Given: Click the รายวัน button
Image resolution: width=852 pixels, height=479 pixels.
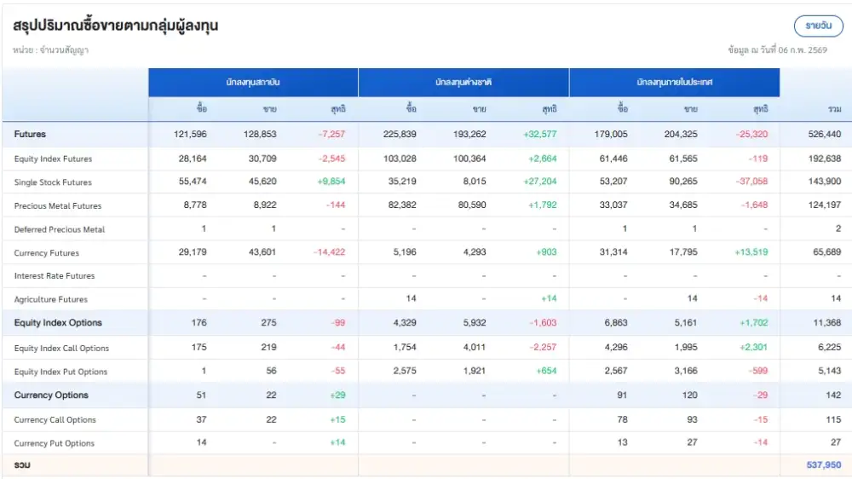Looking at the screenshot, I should click(818, 26).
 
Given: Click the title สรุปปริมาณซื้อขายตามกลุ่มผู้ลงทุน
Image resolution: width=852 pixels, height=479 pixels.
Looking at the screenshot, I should click(116, 26).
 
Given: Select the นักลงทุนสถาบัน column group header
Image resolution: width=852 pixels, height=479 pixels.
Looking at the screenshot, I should click(253, 83).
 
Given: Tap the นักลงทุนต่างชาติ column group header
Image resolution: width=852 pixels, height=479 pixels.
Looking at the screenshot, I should click(463, 83).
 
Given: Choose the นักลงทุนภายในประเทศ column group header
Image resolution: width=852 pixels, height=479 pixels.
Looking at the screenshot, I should click(674, 83).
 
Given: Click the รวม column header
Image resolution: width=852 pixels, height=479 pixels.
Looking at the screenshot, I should click(834, 109).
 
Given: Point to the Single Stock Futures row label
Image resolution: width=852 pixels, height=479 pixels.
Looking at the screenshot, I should click(53, 182).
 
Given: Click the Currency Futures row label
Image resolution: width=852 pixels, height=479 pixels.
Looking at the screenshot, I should click(47, 253).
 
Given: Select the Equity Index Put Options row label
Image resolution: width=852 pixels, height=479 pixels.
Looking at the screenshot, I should click(60, 372).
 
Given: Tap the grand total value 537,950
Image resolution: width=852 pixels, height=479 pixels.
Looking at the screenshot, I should click(823, 465).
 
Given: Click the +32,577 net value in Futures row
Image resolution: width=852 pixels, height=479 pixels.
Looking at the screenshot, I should click(539, 135).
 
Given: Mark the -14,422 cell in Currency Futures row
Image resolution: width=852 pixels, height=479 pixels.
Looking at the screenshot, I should click(329, 253).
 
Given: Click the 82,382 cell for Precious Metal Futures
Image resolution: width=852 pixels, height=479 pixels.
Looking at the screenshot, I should click(401, 205).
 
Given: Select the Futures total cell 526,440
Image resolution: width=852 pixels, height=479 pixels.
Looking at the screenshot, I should click(823, 135).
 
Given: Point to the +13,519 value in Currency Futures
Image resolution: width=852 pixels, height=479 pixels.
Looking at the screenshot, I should click(750, 253).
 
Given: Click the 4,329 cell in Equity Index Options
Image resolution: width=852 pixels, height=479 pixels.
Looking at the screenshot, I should click(404, 323).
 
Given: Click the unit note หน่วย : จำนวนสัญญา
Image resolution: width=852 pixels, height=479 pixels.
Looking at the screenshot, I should click(51, 50).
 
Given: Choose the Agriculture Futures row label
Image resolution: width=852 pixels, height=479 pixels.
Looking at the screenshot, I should click(51, 299).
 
